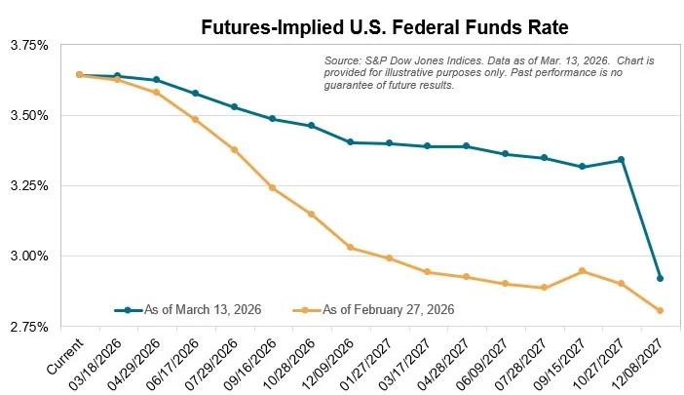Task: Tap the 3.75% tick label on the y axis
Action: pyautogui.click(x=26, y=45)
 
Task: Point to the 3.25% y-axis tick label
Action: pyautogui.click(x=26, y=185)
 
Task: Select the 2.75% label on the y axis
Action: pyautogui.click(x=26, y=326)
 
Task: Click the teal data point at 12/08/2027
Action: pyautogui.click(x=661, y=279)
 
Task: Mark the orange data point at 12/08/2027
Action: pyautogui.click(x=661, y=311)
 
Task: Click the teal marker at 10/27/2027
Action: pyautogui.click(x=622, y=160)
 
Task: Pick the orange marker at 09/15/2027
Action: pyautogui.click(x=583, y=271)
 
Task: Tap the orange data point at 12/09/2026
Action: pyautogui.click(x=350, y=248)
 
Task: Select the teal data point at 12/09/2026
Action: pyautogui.click(x=350, y=142)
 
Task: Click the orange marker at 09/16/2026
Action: pyautogui.click(x=272, y=187)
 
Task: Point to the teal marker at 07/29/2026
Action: pyautogui.click(x=234, y=107)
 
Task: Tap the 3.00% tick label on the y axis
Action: pyautogui.click(x=26, y=256)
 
